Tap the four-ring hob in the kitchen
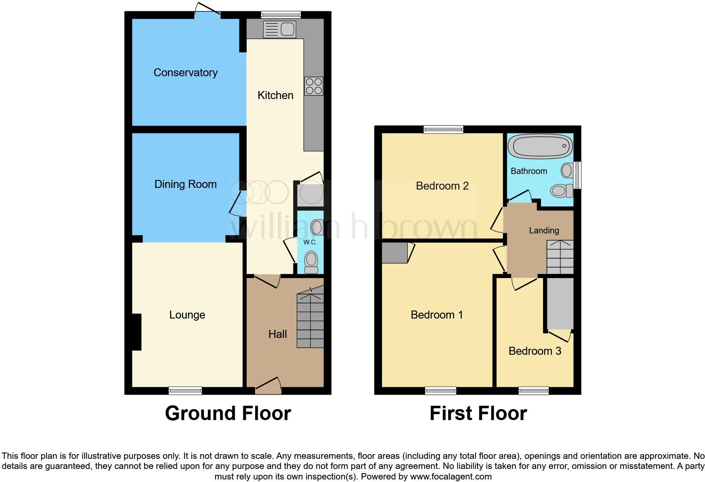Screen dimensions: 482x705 pyautogui.click(x=314, y=86)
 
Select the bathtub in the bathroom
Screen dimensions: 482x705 pyautogui.click(x=540, y=146)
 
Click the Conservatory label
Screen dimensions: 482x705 pyautogui.click(x=186, y=72)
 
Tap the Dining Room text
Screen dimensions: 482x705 pyautogui.click(x=186, y=184)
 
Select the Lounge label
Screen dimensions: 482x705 pyautogui.click(x=187, y=315)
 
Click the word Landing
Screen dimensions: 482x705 pyautogui.click(x=544, y=230)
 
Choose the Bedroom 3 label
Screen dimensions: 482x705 pyautogui.click(x=535, y=351)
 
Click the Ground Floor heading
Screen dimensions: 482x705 pyautogui.click(x=228, y=413)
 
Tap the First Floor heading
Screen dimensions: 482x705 pyautogui.click(x=478, y=413)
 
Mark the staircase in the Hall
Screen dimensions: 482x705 pyautogui.click(x=310, y=320)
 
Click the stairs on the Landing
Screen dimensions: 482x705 pyautogui.click(x=560, y=257)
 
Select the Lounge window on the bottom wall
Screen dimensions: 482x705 pyautogui.click(x=185, y=391)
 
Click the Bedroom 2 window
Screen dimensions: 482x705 pyautogui.click(x=443, y=129)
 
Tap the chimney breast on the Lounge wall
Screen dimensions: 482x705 pyautogui.click(x=136, y=332)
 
